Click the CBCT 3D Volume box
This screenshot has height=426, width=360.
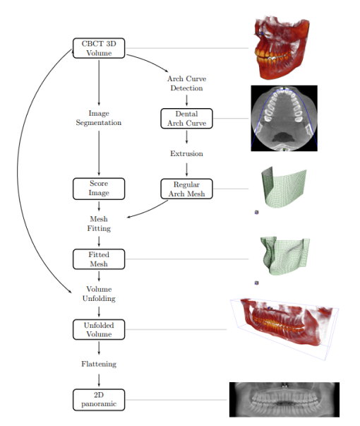pos(99,48)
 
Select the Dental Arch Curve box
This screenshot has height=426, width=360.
pos(186,118)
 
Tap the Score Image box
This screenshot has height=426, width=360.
pos(99,189)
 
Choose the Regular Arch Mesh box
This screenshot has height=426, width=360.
pos(186,189)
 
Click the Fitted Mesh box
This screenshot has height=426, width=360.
pos(99,259)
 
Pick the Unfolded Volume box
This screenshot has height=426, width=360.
pos(99,329)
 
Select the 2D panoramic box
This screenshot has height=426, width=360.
pos(99,398)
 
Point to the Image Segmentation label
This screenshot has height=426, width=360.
pos(99,118)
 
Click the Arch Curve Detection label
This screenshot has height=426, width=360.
pos(186,83)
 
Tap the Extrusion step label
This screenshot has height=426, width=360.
pos(186,153)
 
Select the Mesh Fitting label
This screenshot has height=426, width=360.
pos(99,223)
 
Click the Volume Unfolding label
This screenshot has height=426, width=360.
pos(99,293)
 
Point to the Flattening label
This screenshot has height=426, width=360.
pos(99,364)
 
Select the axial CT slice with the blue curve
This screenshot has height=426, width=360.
pos(284,119)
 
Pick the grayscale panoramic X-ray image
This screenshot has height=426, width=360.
pos(284,399)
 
